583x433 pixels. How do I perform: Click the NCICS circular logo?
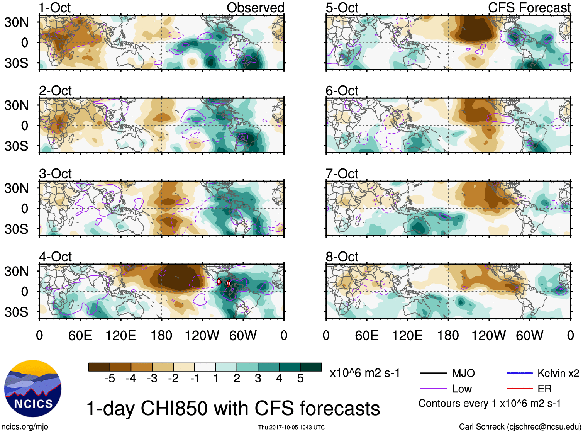[33, 388]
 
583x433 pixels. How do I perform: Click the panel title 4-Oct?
[55, 257]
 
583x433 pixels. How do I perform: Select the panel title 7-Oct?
[342, 174]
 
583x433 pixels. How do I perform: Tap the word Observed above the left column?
[255, 8]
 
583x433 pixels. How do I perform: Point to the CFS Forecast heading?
[529, 8]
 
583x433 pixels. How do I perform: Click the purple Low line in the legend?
[434, 389]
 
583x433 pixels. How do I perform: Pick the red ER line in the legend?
[520, 389]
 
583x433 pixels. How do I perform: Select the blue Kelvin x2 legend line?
[520, 373]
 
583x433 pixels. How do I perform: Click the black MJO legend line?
[434, 373]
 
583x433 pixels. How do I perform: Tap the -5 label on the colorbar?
[110, 379]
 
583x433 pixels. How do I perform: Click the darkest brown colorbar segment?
[99, 367]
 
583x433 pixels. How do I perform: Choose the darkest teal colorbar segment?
[311, 367]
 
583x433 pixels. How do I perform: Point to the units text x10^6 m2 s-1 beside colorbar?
[364, 373]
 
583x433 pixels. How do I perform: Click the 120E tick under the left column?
[121, 335]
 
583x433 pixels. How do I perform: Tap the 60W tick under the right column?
[529, 335]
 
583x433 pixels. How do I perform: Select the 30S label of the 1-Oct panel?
[16, 63]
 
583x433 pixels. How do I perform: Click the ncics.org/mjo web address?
[25, 427]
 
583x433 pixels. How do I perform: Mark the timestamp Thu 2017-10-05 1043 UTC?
[291, 427]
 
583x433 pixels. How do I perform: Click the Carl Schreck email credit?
[520, 427]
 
